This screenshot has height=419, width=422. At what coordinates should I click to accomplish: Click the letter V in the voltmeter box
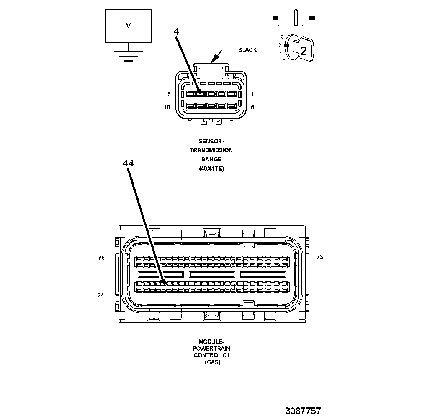pyautogui.click(x=129, y=26)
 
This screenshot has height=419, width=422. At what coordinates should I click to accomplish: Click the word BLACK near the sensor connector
pyautogui.click(x=247, y=50)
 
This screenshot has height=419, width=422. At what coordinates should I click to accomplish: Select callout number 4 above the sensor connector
pyautogui.click(x=176, y=32)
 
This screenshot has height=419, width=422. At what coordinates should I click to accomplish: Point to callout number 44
pyautogui.click(x=128, y=163)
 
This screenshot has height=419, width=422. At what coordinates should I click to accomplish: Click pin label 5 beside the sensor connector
pyautogui.click(x=169, y=94)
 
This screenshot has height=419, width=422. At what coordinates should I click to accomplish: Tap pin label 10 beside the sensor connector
pyautogui.click(x=167, y=107)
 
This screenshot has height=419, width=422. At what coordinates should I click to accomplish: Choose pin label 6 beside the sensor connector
pyautogui.click(x=252, y=107)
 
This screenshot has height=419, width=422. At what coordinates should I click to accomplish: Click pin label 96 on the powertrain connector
pyautogui.click(x=101, y=258)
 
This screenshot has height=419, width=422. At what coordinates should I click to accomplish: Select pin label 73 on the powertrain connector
pyautogui.click(x=319, y=257)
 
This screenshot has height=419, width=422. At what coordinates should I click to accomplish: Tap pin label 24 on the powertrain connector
pyautogui.click(x=100, y=295)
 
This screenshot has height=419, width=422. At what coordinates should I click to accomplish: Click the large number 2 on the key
pyautogui.click(x=304, y=51)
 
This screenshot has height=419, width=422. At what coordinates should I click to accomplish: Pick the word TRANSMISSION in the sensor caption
pyautogui.click(x=211, y=150)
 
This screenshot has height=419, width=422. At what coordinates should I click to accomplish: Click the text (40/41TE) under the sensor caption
pyautogui.click(x=211, y=168)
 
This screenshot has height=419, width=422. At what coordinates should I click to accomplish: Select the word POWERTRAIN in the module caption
pyautogui.click(x=211, y=349)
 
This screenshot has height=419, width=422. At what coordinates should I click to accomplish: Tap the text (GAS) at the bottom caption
pyautogui.click(x=212, y=362)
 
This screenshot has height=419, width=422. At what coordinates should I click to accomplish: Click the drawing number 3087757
pyautogui.click(x=303, y=411)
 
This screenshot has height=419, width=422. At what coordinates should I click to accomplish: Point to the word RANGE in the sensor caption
pyautogui.click(x=211, y=159)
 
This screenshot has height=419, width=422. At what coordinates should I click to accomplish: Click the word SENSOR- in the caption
pyautogui.click(x=211, y=141)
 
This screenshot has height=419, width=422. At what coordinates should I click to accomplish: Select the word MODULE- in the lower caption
pyautogui.click(x=212, y=342)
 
